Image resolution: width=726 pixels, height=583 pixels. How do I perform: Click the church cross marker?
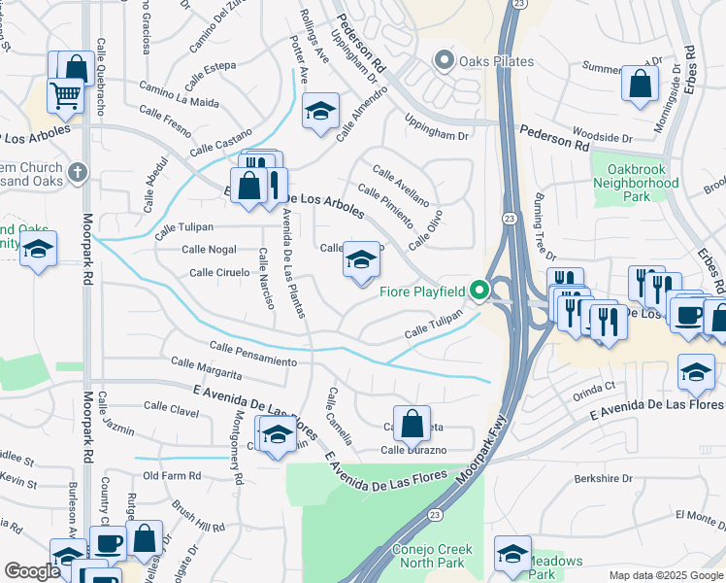coord(79,174)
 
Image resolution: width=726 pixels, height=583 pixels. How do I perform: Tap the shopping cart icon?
coord(65,95)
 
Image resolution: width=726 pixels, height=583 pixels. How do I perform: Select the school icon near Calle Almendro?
coord(319,111)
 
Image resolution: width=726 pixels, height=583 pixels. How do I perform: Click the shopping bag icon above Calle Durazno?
coord(412,422)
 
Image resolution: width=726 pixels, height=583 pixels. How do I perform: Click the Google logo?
coord(31,571)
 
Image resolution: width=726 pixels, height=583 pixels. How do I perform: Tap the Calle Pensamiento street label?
coord(252,354)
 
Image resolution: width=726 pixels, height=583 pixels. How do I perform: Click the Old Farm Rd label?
coord(172,476)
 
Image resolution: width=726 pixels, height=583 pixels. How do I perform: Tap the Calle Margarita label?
coord(206,367)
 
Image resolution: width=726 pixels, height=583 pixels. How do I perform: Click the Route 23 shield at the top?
coord(519,5)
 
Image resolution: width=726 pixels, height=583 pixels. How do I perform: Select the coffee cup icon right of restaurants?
coord(688,316)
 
